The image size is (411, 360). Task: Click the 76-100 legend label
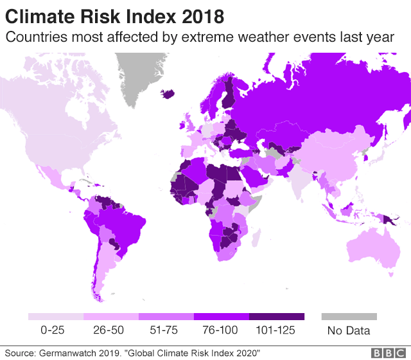tap(220, 330)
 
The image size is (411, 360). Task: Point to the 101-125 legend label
tap(276, 330)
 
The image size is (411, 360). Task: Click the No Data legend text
tap(349, 331)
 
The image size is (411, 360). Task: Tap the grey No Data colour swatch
tap(349, 317)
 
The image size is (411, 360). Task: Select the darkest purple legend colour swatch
tap(276, 317)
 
